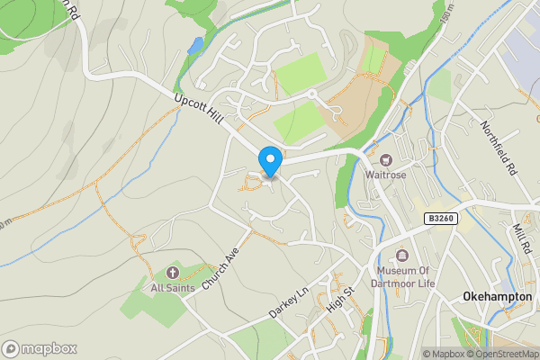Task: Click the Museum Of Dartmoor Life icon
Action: point(401,256)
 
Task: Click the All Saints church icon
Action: point(173,272)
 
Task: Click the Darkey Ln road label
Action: point(288,303)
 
